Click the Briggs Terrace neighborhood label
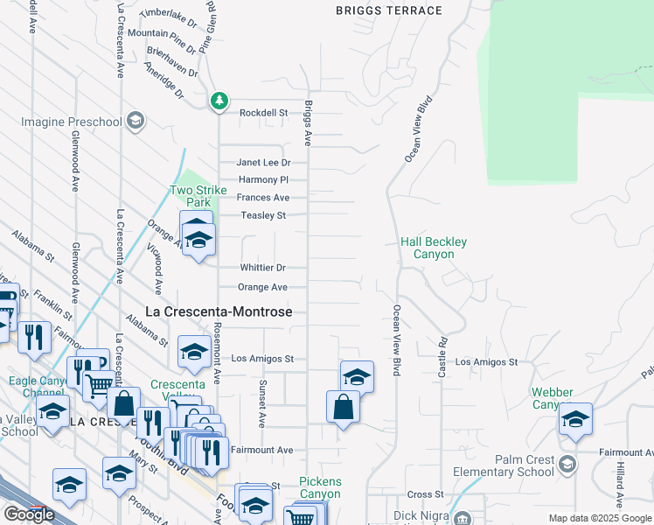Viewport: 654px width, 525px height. tap(389, 10)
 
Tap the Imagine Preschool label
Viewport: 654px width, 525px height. tap(67, 120)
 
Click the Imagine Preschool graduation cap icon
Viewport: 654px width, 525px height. tap(135, 120)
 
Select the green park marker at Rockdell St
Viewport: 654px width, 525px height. tap(219, 101)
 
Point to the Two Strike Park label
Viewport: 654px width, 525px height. tap(191, 196)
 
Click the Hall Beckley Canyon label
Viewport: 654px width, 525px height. tap(433, 248)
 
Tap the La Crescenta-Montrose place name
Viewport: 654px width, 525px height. tap(218, 311)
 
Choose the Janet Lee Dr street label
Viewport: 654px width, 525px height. tap(263, 163)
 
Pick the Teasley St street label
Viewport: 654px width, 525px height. tap(264, 215)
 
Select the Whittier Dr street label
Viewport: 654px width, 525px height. tap(263, 268)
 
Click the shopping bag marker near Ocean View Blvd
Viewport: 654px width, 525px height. tap(343, 407)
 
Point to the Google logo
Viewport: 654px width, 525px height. tap(29, 514)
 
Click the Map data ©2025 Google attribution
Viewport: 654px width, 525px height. tap(599, 518)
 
